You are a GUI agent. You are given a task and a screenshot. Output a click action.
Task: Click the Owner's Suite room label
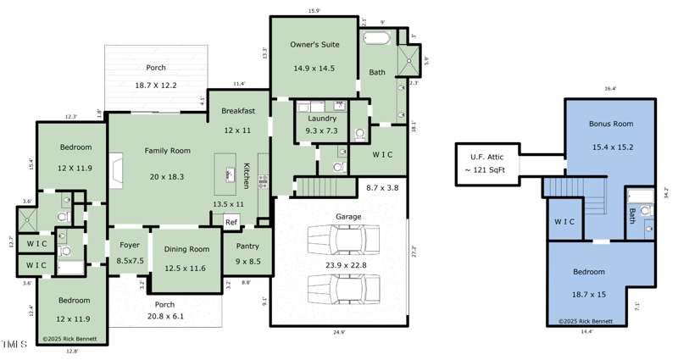click(314, 44)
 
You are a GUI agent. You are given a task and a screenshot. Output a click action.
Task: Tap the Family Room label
click(167, 151)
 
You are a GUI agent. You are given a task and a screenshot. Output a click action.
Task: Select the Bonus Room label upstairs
click(611, 124)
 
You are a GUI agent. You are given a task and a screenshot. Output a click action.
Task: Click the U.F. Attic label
click(487, 157)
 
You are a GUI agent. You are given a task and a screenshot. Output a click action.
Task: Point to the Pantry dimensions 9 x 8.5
click(247, 261)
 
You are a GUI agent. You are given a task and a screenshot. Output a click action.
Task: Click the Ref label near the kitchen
click(231, 222)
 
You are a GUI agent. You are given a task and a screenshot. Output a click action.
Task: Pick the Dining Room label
click(186, 249)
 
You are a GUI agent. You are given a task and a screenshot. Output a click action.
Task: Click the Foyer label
click(130, 246)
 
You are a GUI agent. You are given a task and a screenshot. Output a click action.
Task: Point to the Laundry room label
click(321, 119)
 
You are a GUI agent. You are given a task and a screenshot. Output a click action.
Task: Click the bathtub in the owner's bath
click(377, 38)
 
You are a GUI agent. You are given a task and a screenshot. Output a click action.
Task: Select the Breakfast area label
click(237, 111)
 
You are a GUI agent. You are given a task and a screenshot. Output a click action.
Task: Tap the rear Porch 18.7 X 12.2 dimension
click(156, 86)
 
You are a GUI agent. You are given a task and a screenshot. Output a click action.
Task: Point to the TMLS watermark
click(14, 344)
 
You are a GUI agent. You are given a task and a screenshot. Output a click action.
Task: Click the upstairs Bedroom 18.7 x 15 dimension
click(600, 294)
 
